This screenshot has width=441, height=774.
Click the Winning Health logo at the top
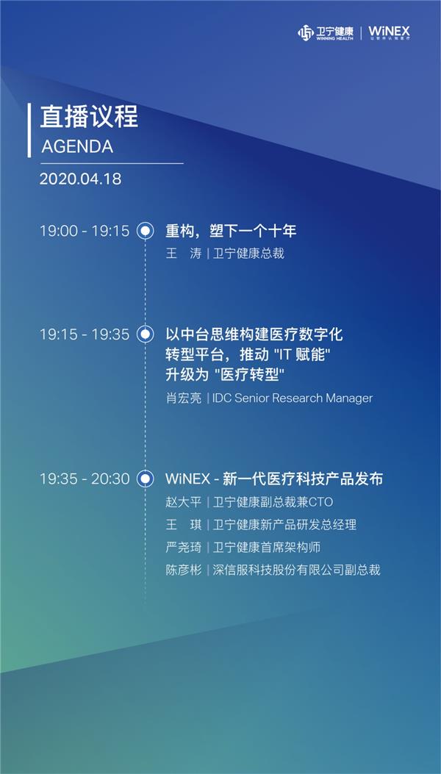coord(326,33)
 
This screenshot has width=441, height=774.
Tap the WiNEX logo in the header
coord(389,33)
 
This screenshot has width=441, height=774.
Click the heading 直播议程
coord(89,118)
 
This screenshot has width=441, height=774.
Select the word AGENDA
coord(77,146)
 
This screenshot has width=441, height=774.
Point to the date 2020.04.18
coord(81,179)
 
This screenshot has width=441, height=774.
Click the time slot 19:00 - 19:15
coord(85,231)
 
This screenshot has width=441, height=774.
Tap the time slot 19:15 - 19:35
coord(85,334)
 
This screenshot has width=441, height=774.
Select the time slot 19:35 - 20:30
coord(85,479)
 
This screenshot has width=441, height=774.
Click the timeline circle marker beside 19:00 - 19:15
coord(145,231)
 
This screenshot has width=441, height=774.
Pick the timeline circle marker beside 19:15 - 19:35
coord(145,334)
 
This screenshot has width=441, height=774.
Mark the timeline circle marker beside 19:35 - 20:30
coord(145,479)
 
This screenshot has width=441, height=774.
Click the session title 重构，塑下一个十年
coord(231,231)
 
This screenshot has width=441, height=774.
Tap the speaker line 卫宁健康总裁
coord(248,254)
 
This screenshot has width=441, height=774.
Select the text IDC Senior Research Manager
coord(293,398)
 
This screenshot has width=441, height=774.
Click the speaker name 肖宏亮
coord(184,398)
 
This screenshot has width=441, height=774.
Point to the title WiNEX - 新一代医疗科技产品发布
coord(274,479)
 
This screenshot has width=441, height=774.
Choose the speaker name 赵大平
coord(184,502)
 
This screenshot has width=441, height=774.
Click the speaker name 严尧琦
coord(184,547)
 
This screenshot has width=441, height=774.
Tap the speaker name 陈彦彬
coord(184,570)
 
